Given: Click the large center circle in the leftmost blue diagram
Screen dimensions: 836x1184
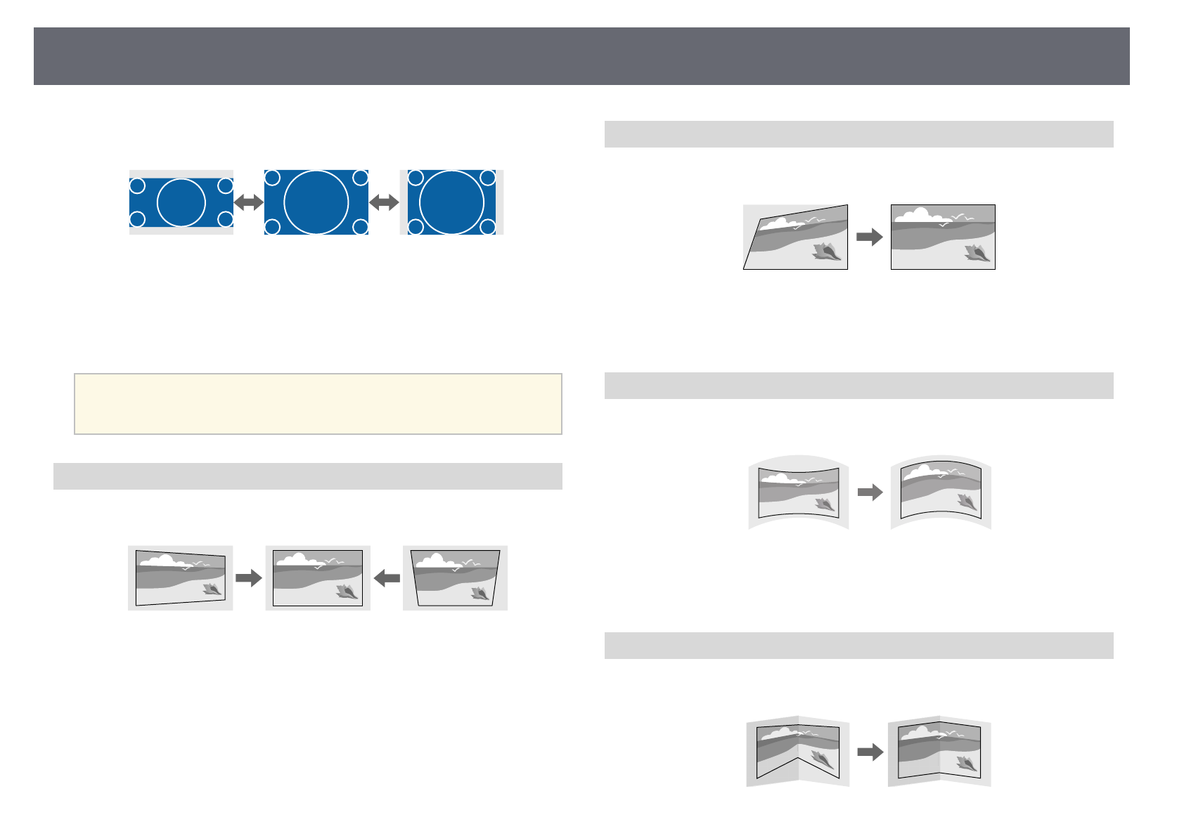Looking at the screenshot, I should click(181, 202).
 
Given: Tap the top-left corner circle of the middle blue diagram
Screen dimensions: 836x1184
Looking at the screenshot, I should click(273, 178).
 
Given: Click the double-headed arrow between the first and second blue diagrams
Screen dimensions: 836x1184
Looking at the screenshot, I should click(248, 202).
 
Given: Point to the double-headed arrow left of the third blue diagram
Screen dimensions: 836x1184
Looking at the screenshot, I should click(384, 202).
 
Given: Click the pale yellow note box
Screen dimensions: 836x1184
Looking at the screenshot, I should click(318, 404).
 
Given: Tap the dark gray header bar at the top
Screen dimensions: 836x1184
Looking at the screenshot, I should click(581, 56).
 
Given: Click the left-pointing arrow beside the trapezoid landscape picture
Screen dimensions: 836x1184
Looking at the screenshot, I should click(387, 578).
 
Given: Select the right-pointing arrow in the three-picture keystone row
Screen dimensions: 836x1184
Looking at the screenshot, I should click(249, 578).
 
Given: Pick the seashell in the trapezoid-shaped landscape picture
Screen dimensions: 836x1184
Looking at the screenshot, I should click(481, 594).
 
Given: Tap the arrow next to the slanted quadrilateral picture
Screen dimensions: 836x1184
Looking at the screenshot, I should click(870, 237).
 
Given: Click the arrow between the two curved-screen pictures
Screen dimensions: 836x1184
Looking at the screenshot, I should click(870, 492).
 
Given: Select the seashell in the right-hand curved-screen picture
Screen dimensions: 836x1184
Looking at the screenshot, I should click(967, 502).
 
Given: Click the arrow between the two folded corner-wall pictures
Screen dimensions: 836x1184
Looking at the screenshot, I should click(870, 752).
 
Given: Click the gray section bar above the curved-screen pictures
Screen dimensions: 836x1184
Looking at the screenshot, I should click(858, 386).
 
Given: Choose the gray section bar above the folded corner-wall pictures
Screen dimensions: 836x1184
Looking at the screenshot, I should click(858, 646).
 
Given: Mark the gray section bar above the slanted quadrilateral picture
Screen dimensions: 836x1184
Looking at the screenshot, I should click(858, 134).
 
